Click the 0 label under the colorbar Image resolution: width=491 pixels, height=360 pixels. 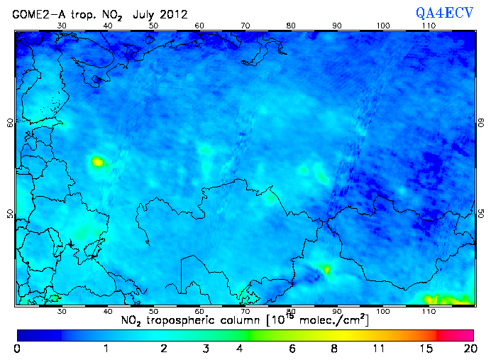(x=16, y=349)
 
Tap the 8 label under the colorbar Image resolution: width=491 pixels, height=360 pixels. (x=333, y=349)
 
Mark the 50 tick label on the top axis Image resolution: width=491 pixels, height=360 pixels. (x=153, y=25)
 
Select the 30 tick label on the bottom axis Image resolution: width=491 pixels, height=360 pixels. (x=62, y=311)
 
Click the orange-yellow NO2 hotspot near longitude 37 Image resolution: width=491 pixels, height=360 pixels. (x=96, y=162)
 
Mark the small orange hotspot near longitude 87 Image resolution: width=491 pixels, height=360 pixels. (x=326, y=269)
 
